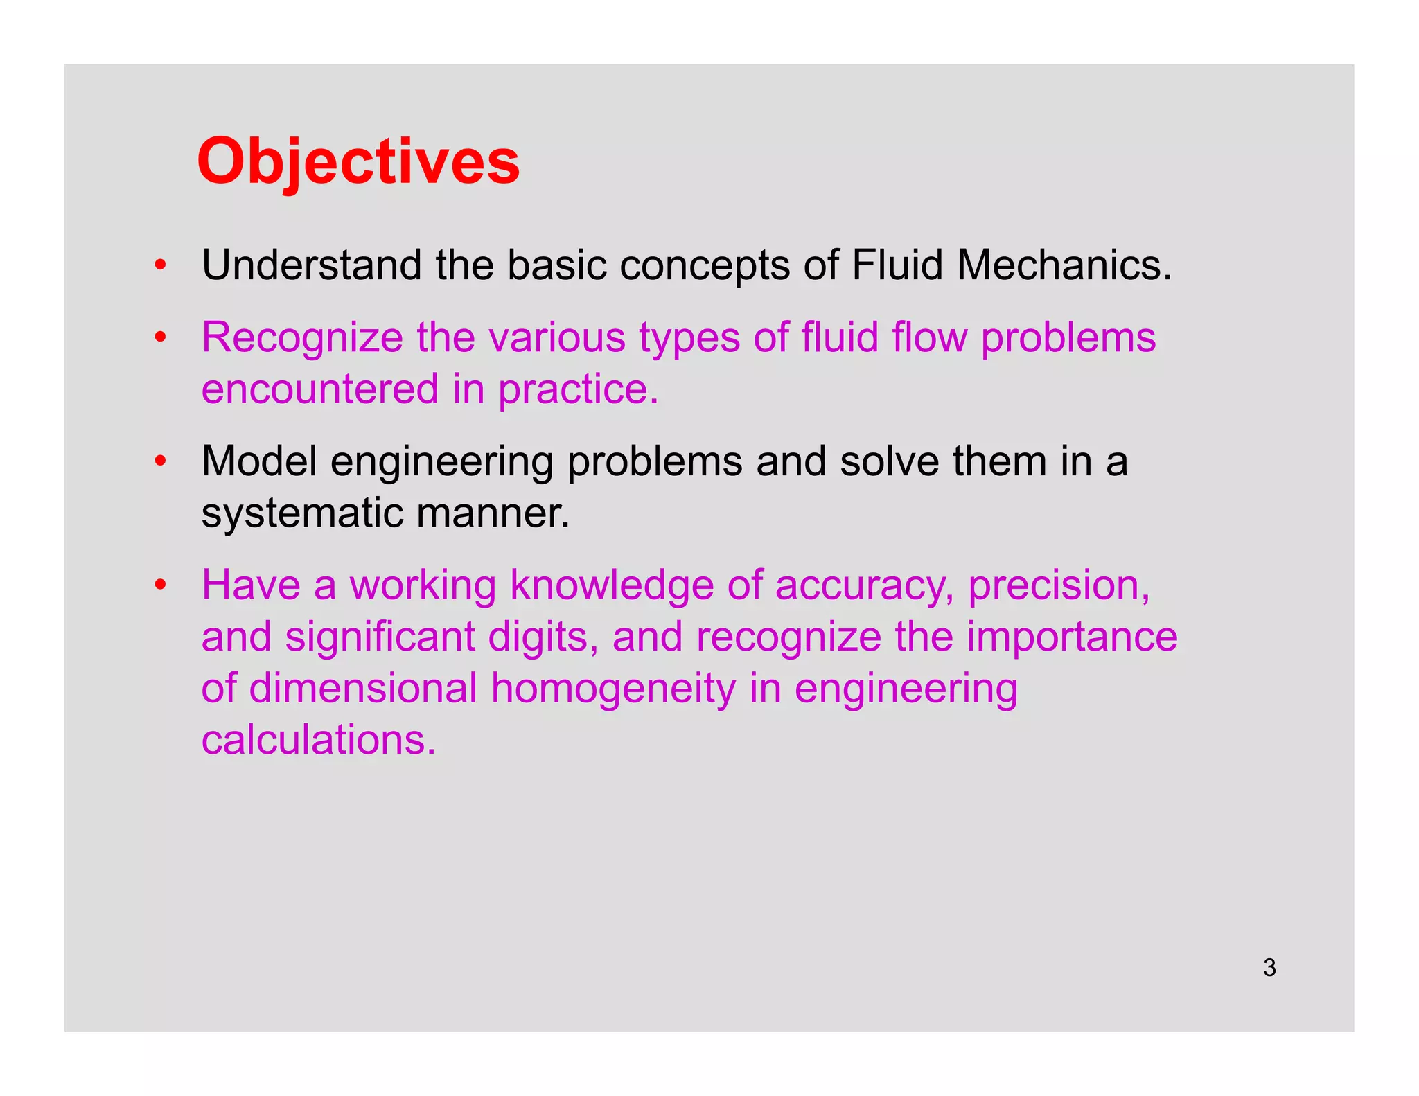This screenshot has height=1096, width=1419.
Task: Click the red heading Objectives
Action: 358,161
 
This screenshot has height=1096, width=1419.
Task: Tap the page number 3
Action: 1269,967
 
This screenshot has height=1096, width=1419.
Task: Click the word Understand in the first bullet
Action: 311,265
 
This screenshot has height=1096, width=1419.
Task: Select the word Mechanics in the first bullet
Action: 1064,265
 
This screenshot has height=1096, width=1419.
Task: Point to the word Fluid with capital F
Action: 897,265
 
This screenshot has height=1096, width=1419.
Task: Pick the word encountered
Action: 320,389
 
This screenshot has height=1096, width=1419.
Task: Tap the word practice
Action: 578,390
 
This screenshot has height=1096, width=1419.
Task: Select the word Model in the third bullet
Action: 259,461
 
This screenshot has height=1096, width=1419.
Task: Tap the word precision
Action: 1059,586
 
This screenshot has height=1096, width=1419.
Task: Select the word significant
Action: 380,637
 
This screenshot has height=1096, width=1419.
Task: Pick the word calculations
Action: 319,739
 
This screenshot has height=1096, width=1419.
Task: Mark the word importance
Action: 1072,637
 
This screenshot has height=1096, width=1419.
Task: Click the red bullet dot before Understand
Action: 160,265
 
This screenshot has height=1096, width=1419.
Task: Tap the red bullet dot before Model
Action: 160,461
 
